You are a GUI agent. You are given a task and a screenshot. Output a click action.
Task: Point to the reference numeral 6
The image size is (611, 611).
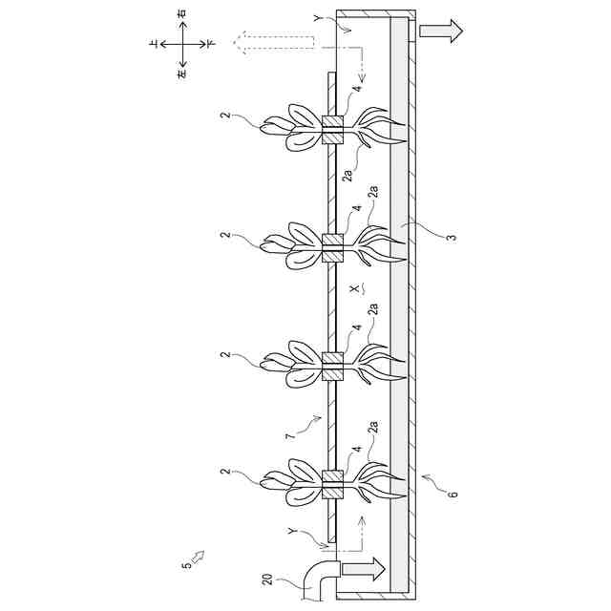coord(453,493)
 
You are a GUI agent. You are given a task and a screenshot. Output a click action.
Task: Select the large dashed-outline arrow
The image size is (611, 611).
coord(275,42)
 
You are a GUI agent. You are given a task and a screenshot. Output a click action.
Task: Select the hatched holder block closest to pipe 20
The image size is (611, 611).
coord(332,485)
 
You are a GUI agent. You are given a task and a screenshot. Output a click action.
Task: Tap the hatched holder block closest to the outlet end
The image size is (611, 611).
coord(332,130)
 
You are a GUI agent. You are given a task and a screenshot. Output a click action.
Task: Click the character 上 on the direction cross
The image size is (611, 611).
coord(155,44)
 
